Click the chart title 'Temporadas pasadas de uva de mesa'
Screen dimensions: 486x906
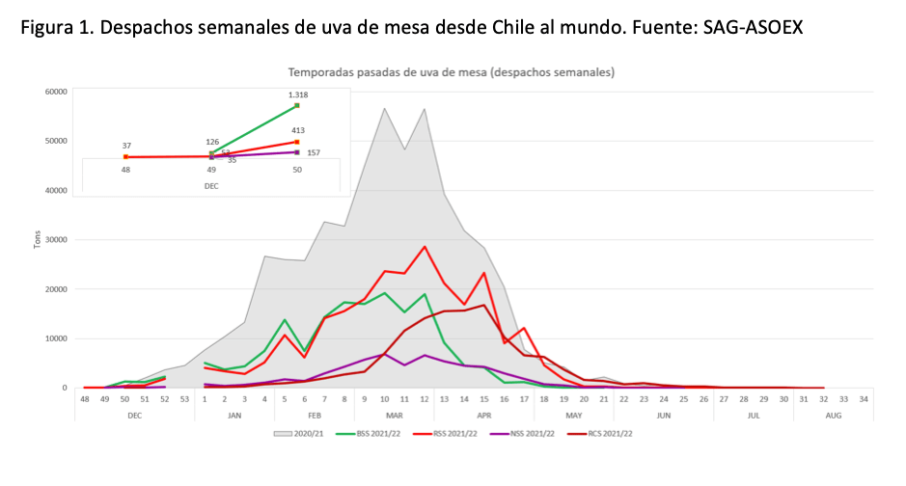pos(452,71)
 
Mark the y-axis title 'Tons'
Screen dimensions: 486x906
pos(38,239)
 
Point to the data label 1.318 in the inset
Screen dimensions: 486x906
pos(297,94)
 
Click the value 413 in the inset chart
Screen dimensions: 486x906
pos(297,129)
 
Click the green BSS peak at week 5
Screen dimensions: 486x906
pos(285,320)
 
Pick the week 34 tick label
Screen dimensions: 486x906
pos(863,399)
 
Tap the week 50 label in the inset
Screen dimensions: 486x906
pos(297,169)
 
